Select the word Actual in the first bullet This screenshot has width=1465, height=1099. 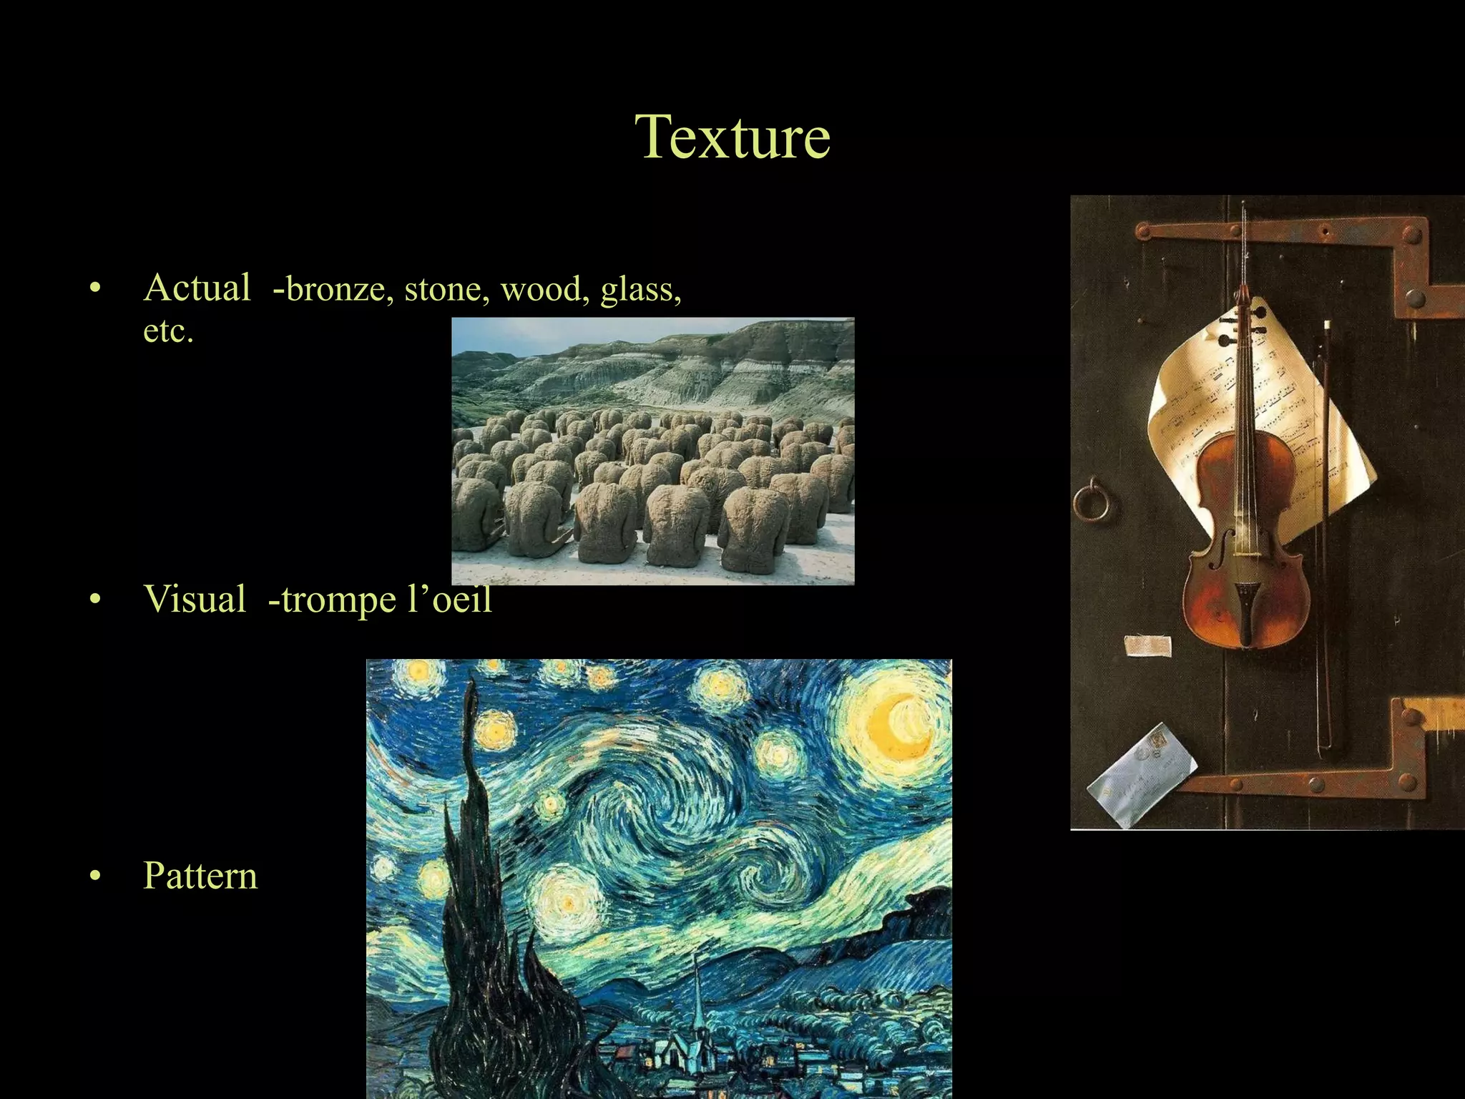[197, 288]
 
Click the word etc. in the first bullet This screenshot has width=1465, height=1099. [168, 331]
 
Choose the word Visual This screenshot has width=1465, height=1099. [195, 599]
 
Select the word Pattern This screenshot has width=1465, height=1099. [200, 875]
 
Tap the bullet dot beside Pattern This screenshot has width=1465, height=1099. [96, 876]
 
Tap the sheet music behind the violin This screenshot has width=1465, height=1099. [1187, 401]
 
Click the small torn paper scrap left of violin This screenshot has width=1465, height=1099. [1147, 645]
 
